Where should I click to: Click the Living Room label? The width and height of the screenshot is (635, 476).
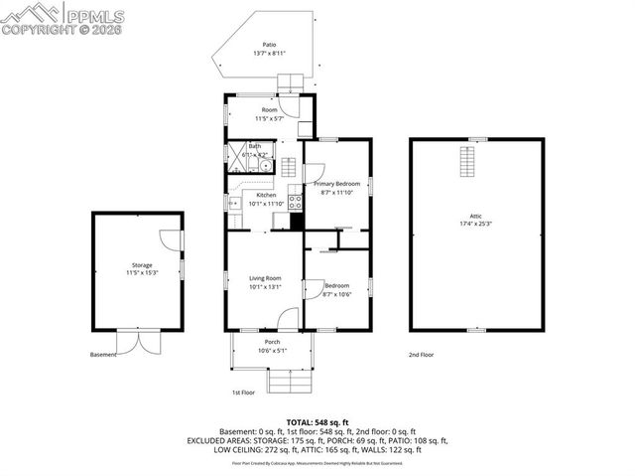265,278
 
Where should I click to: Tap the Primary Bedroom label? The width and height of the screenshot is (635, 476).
336,184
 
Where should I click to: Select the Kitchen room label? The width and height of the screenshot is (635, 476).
266,195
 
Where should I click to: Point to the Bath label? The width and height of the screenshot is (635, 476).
255,146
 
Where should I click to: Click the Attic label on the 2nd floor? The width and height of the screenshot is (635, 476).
475,216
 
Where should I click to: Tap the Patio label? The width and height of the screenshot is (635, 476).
269,45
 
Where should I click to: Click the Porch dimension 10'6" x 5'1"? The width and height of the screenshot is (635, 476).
272,350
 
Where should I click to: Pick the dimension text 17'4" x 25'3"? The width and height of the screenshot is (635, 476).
475,225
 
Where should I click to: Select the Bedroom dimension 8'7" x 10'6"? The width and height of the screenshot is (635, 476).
336,294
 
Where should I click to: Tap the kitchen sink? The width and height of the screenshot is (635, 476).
234,203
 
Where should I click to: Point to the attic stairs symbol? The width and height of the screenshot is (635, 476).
466,159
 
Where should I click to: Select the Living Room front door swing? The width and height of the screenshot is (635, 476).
288,319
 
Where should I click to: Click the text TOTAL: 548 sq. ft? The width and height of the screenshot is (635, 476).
317,422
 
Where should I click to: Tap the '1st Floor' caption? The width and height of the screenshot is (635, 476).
244,393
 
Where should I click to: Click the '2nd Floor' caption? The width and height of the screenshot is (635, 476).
421,355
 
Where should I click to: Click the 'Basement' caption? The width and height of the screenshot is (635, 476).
103,355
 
